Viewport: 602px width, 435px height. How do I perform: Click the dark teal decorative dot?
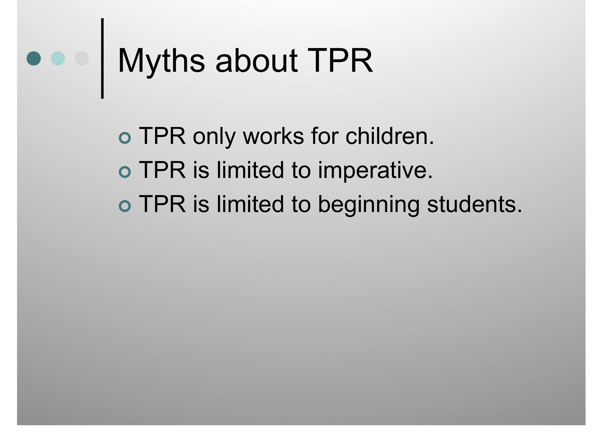click(34, 58)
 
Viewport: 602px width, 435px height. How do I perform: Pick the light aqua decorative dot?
click(58, 58)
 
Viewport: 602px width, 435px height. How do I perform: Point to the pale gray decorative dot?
click(82, 58)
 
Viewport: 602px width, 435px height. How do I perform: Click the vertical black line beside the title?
click(102, 58)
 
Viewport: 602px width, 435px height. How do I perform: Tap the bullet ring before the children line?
click(125, 138)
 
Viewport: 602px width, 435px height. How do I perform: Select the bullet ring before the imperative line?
click(125, 172)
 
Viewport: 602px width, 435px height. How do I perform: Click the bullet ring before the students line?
click(125, 206)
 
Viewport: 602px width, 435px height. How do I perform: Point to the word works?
click(273, 136)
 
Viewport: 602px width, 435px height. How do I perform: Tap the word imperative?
click(375, 170)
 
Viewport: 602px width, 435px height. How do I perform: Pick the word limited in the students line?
click(250, 204)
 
